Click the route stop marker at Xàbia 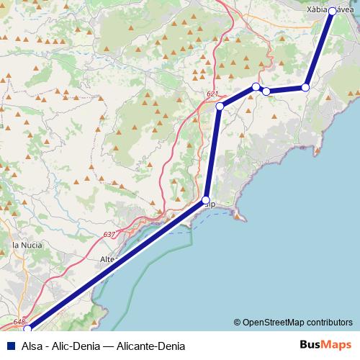[332, 12]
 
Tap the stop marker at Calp [206, 200]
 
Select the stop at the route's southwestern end [28, 329]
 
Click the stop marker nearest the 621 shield [220, 107]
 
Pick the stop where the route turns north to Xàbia [305, 87]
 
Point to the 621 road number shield [212, 94]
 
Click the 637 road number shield [109, 235]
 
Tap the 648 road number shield [19, 322]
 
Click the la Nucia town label [27, 246]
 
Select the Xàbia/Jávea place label [330, 10]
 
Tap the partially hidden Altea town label [108, 259]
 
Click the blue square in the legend [8, 345]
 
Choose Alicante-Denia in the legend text [153, 345]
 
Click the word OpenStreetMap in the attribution [275, 322]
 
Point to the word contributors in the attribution [330, 322]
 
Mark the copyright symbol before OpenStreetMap [237, 322]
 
